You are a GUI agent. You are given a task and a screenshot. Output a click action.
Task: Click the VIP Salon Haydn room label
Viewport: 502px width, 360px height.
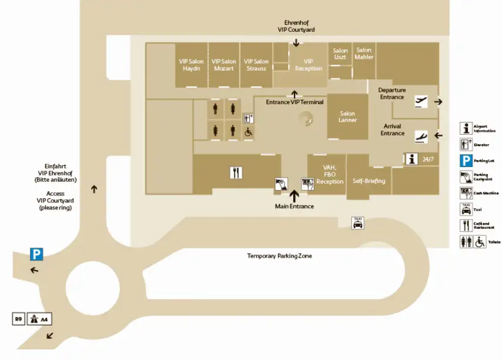pos(192,65)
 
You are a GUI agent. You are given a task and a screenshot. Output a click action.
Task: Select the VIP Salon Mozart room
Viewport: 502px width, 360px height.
pos(224,65)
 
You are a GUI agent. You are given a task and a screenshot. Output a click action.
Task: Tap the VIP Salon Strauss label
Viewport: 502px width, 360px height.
pos(256,65)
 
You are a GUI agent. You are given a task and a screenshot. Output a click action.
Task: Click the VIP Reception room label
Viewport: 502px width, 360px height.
pos(309,65)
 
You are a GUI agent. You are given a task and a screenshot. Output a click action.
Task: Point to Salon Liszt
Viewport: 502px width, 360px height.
pos(340,54)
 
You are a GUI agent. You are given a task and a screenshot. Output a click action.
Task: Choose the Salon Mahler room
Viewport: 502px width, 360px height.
pos(364,54)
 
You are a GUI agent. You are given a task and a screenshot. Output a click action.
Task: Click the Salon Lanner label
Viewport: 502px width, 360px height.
pos(347,117)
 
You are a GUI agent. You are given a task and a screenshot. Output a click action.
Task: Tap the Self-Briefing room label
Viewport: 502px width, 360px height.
pos(369,181)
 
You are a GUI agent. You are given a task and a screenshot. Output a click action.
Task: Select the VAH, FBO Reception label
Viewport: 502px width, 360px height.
pos(329,175)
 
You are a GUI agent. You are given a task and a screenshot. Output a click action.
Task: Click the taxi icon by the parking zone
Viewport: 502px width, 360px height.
pos(357,223)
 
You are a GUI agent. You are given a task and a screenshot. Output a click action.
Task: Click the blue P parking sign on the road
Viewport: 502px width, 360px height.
pos(37,254)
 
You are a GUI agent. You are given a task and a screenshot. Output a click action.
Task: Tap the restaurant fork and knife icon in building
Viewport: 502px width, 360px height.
pos(237,172)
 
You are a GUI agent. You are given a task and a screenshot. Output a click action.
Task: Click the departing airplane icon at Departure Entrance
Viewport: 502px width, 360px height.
pos(421,101)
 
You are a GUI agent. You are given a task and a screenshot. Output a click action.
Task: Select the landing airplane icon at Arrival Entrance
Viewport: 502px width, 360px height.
pos(421,136)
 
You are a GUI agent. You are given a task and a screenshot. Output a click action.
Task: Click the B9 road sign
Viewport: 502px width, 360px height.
pos(19,319)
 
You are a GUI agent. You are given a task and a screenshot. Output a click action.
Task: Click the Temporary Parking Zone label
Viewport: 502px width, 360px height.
pos(279,256)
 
